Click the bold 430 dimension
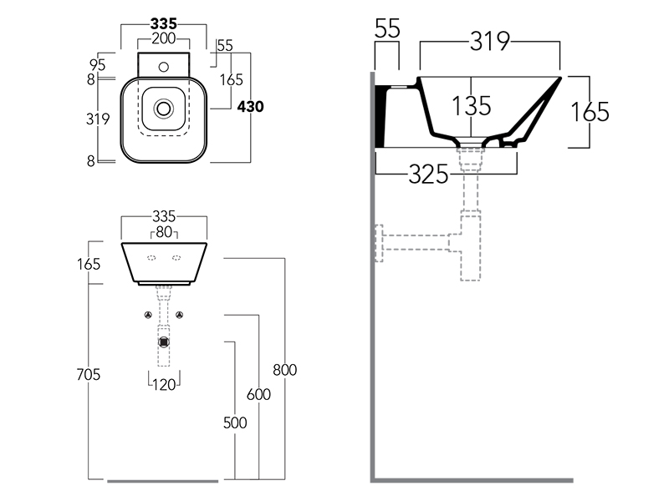[251, 106]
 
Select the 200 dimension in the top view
[164, 38]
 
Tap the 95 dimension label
[97, 63]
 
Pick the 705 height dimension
[86, 375]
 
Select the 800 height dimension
[285, 370]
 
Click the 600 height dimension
[259, 395]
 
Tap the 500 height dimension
[235, 423]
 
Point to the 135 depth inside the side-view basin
[472, 106]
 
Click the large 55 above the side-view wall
[387, 29]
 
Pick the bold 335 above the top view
[164, 23]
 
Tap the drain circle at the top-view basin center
[164, 107]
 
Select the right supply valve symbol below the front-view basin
[180, 315]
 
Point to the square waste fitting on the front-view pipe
[165, 341]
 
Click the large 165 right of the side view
[590, 111]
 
